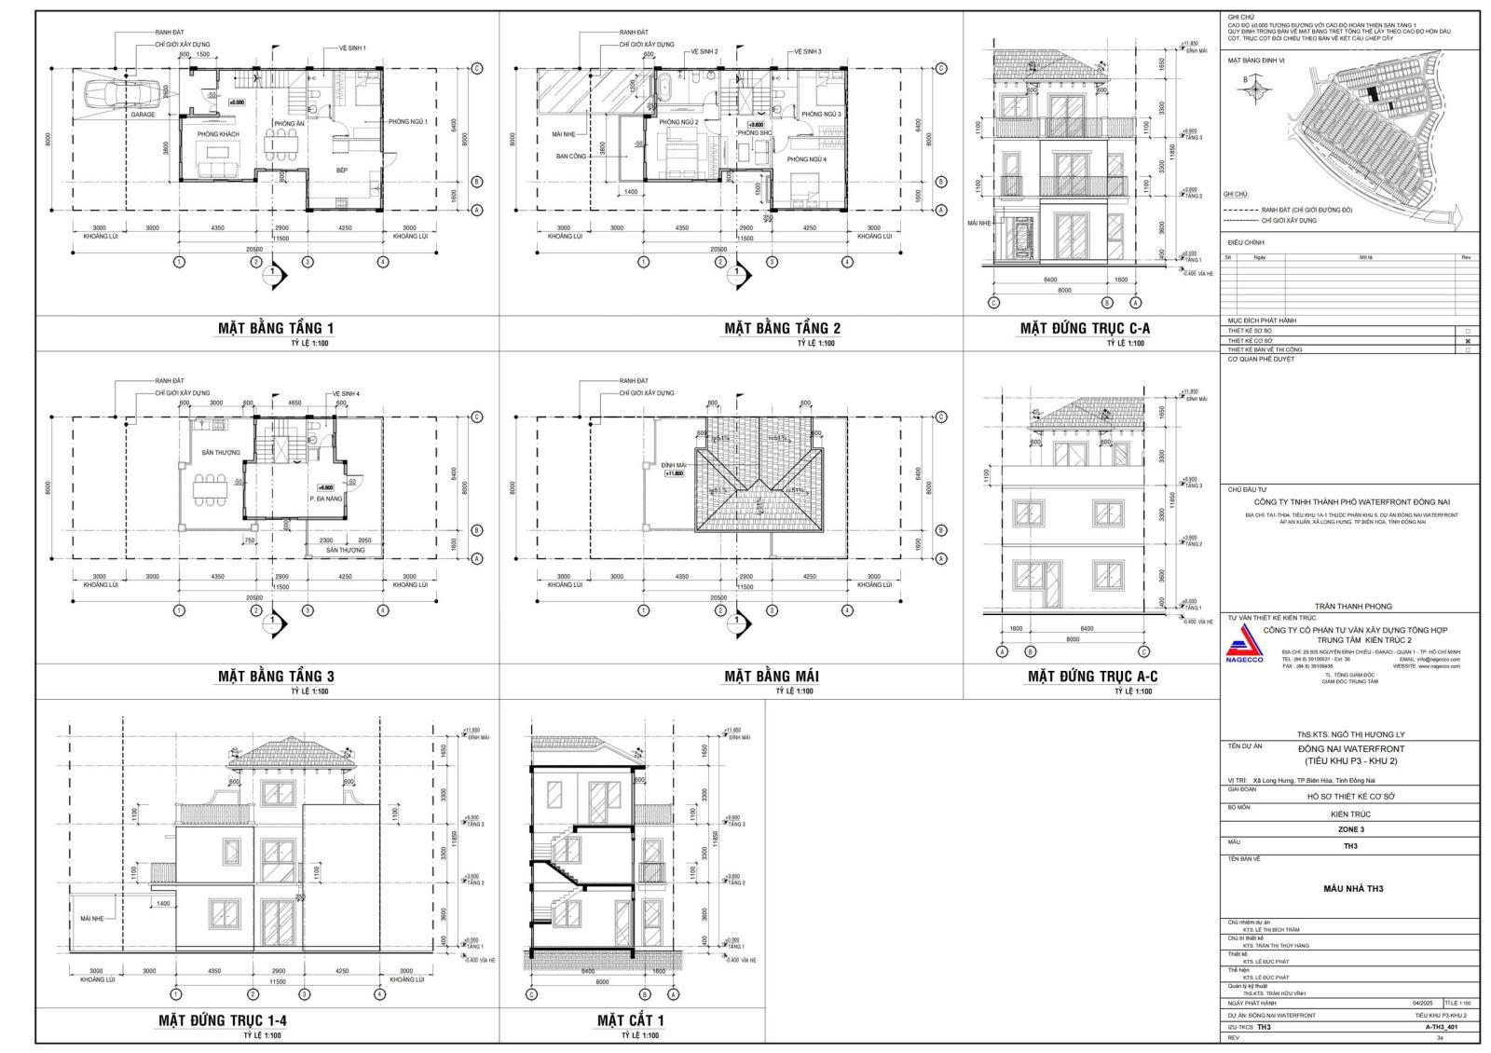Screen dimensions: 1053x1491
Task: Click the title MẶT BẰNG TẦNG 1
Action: (x=275, y=328)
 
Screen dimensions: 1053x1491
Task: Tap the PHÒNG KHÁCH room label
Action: (x=217, y=135)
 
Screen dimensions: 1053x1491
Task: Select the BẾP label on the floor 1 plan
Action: (x=342, y=171)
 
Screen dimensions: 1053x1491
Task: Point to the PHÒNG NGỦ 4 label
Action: (x=807, y=159)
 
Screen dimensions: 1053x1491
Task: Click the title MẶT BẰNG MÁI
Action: (x=772, y=677)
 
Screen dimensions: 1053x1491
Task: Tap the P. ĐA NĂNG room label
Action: (x=326, y=499)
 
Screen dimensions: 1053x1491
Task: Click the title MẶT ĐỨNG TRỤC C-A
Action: (x=1085, y=328)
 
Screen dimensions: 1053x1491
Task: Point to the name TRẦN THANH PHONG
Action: (x=1352, y=607)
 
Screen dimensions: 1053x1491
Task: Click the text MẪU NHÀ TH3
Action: (x=1352, y=888)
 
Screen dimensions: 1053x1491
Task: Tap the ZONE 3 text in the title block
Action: (x=1350, y=829)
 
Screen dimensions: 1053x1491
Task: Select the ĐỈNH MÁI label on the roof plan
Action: (x=674, y=464)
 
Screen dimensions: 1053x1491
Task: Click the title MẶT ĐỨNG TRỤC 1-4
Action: (x=222, y=1020)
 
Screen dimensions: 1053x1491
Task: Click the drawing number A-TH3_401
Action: (x=1441, y=1026)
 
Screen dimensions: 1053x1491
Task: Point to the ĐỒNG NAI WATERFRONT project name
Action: (x=1351, y=748)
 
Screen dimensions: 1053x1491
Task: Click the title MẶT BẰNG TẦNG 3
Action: (x=275, y=677)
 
